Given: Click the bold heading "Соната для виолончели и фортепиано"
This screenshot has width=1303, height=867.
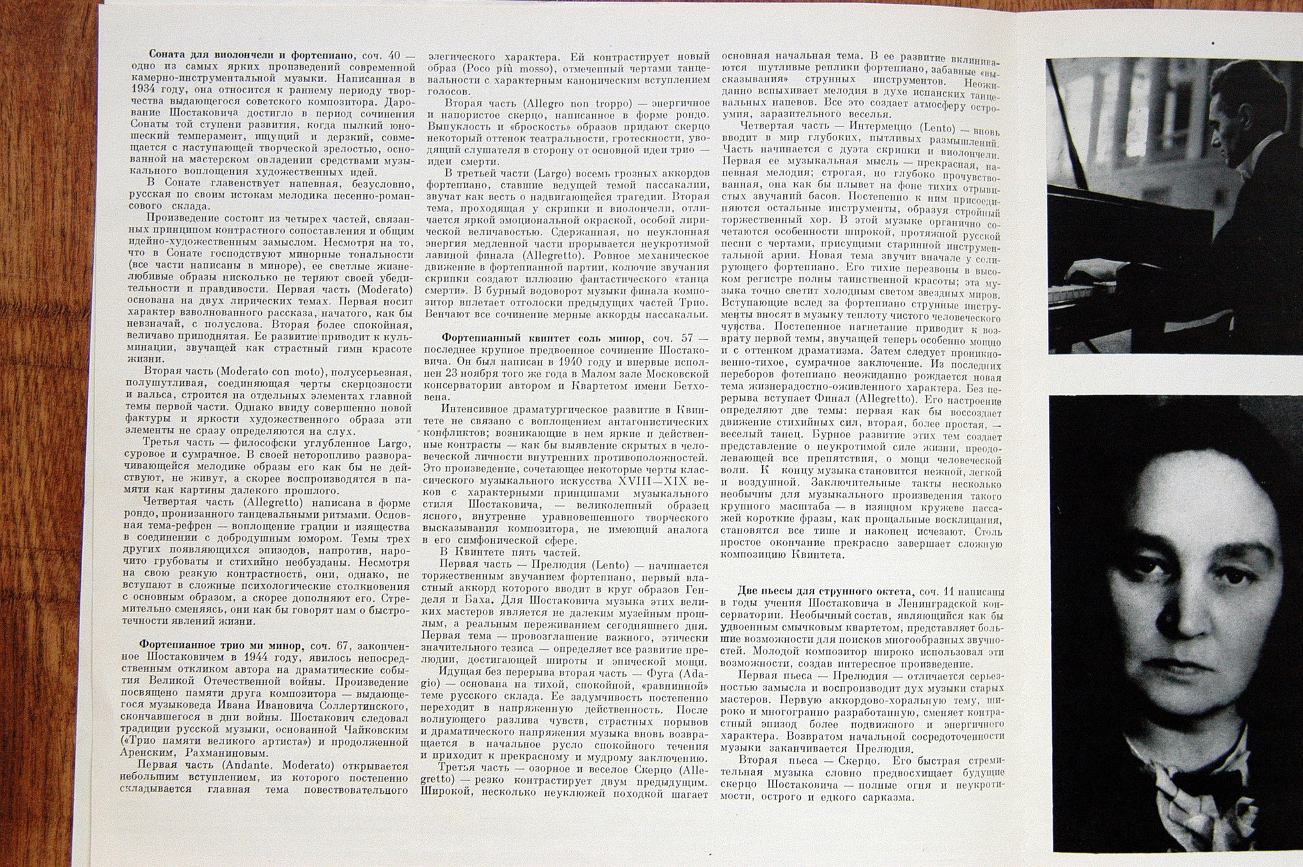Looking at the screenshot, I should pos(251,55).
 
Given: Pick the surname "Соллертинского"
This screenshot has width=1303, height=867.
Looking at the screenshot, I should pos(365,705).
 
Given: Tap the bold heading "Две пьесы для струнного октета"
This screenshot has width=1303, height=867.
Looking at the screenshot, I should pos(826,592).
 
